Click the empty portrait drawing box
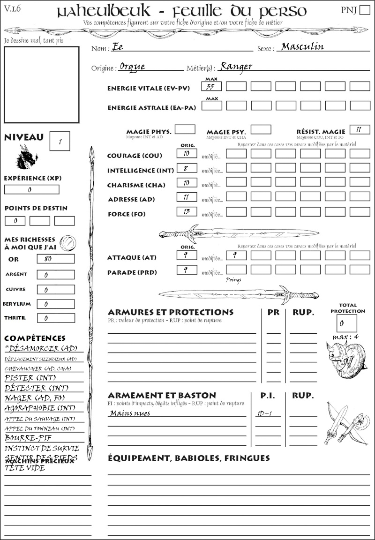point(41,84)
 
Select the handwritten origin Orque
point(132,66)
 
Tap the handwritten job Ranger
point(236,66)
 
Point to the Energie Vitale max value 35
point(211,87)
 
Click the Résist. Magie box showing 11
point(360,129)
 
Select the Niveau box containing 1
point(60,141)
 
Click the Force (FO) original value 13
point(187,212)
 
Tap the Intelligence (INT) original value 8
point(187,168)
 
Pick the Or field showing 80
point(55,259)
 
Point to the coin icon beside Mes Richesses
point(68,243)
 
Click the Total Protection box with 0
point(346,323)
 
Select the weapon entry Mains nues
point(130,413)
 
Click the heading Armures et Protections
point(171,312)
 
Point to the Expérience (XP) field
point(31,189)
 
